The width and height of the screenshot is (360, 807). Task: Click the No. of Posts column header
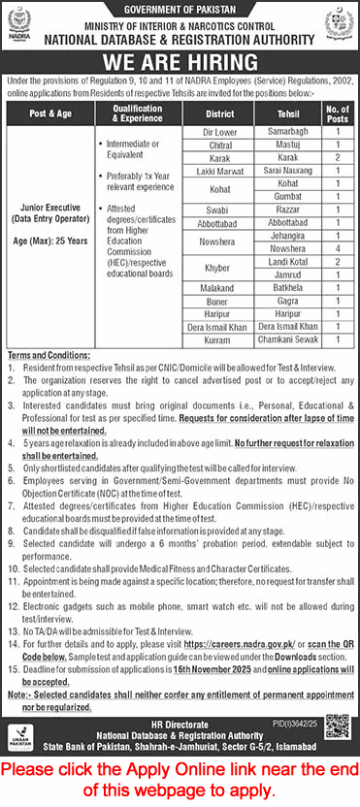(x=337, y=111)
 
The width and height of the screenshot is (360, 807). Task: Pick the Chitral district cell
(x=217, y=143)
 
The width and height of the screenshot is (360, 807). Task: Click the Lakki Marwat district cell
(x=217, y=169)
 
